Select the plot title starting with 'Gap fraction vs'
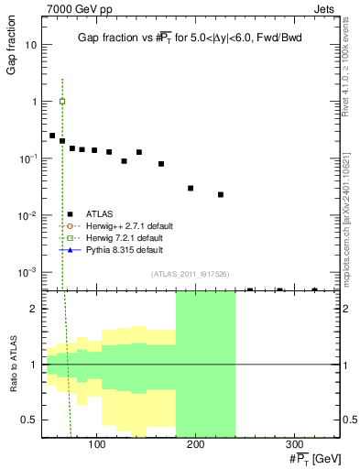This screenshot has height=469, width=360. click(x=190, y=37)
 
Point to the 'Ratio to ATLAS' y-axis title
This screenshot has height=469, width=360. click(x=12, y=365)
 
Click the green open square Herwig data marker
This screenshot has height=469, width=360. click(x=62, y=102)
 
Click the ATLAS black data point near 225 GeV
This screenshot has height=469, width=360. click(x=221, y=194)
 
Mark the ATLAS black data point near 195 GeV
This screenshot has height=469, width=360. click(x=191, y=188)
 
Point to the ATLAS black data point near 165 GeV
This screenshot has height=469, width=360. click(x=161, y=164)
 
